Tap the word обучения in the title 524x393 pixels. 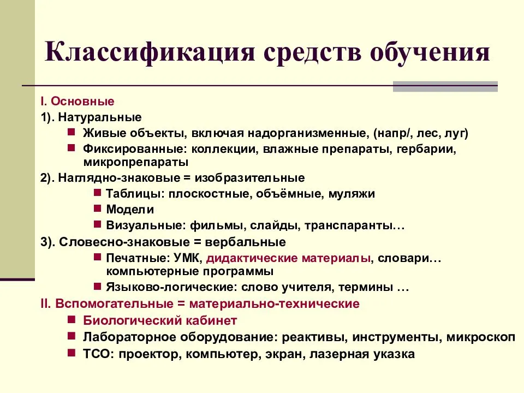click(x=430, y=53)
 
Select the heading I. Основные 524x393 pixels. click(x=77, y=102)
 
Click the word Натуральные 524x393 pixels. click(x=100, y=117)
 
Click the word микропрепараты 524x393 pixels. click(x=136, y=162)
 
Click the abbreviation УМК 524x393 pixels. click(x=189, y=257)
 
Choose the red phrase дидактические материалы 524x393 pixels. click(x=289, y=257)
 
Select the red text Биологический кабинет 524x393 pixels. click(x=160, y=320)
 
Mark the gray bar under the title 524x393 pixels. click(x=445, y=86)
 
